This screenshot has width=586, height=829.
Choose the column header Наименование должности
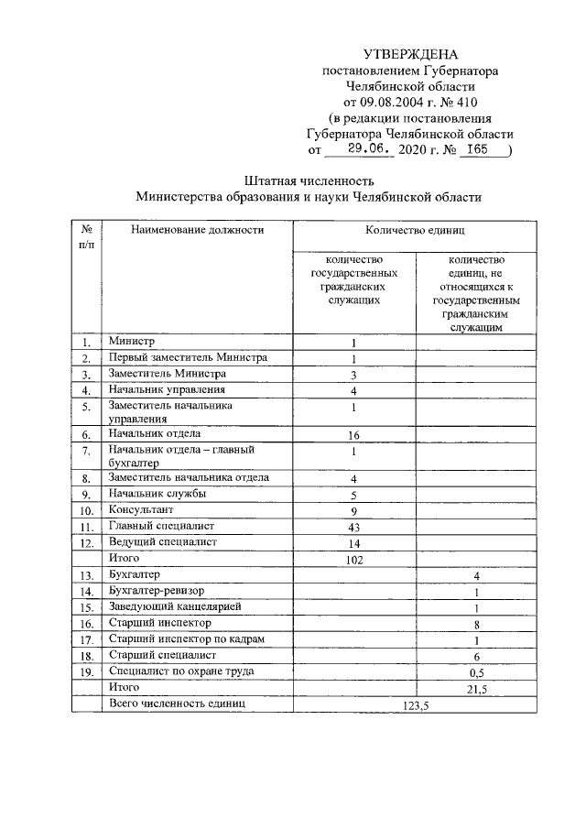(197, 230)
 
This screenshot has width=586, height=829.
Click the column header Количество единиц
(414, 230)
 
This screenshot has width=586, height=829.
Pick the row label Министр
(132, 341)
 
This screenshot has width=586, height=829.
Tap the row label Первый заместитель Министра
(187, 357)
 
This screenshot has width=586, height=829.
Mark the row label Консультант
(141, 510)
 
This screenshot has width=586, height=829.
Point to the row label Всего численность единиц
(177, 704)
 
